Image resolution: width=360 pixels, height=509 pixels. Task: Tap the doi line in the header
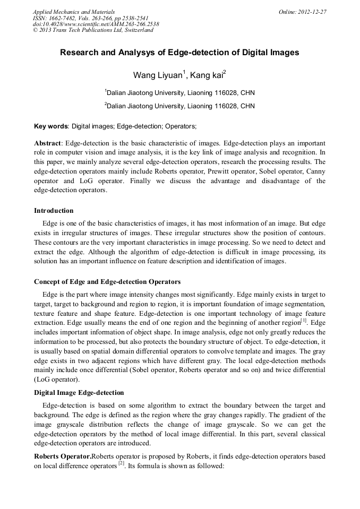[x=96, y=24]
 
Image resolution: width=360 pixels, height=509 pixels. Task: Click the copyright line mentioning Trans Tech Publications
[x=93, y=30]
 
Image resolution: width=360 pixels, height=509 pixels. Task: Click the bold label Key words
[x=51, y=126]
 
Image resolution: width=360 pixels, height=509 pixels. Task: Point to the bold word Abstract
[x=48, y=143]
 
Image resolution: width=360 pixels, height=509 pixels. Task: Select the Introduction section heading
[x=54, y=211]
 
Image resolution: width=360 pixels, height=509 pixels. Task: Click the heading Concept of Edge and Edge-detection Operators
[x=107, y=281]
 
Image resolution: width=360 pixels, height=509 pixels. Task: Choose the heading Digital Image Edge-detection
[x=79, y=393]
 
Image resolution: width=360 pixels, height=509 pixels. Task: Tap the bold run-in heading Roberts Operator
[x=63, y=456]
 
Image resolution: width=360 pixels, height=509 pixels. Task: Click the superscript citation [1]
[x=304, y=321]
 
